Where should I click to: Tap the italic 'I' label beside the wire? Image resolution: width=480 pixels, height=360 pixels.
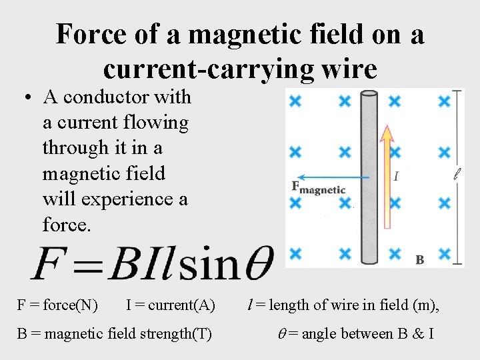click(x=397, y=177)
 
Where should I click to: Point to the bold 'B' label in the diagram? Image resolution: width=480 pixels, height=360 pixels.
click(x=419, y=259)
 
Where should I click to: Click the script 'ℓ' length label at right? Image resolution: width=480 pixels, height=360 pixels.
click(x=457, y=175)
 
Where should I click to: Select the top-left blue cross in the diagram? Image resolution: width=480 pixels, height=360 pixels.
click(x=295, y=101)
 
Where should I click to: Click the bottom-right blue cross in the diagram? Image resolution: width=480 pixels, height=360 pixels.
click(x=445, y=253)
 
